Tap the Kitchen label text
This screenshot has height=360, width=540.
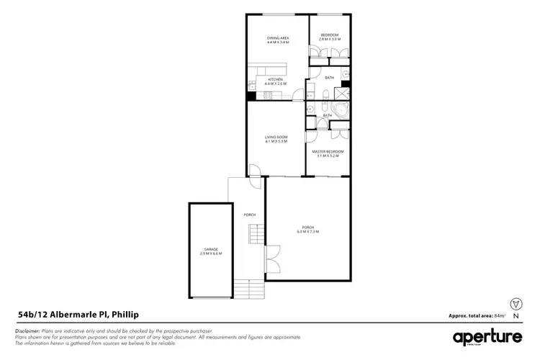tap(276, 79)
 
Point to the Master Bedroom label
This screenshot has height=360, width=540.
tap(328, 151)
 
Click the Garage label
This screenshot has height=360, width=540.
tap(210, 249)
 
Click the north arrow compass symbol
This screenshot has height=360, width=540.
tap(514, 303)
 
